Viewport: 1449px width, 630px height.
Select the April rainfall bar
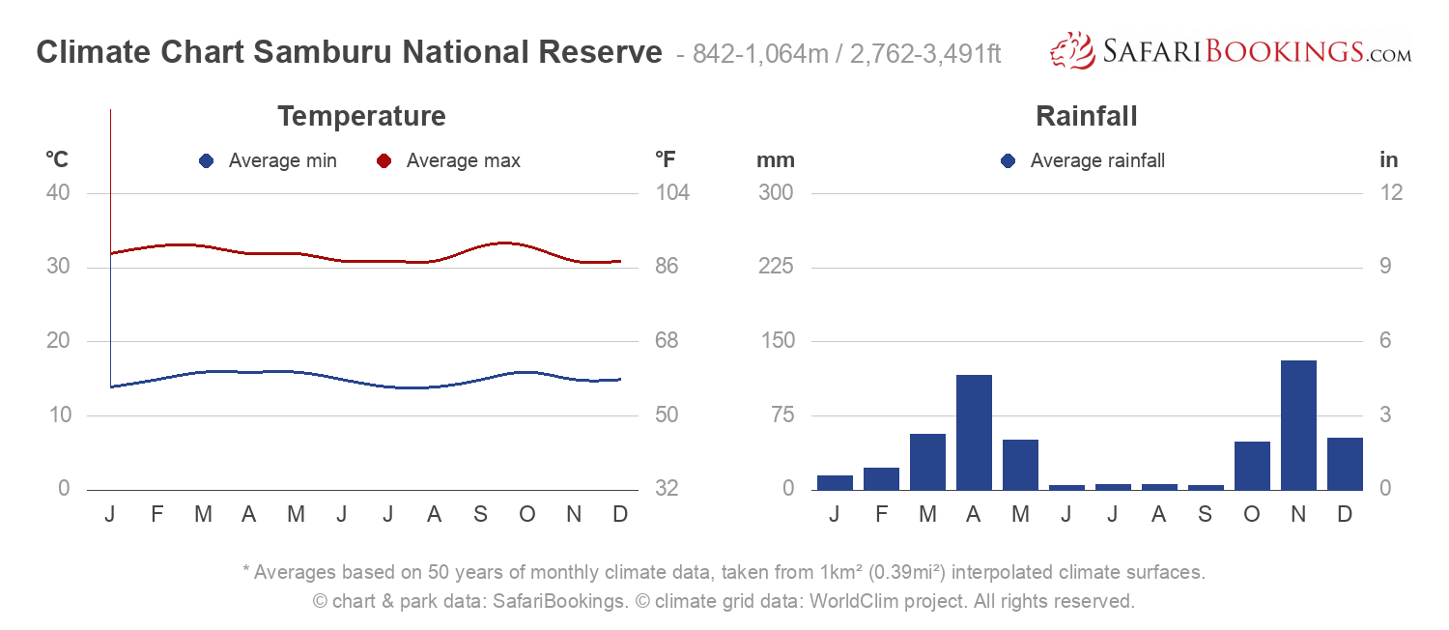coord(974,432)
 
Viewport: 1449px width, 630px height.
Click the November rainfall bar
coord(1298,425)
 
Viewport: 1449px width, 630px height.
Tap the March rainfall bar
coord(927,462)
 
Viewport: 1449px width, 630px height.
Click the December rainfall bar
coord(1345,464)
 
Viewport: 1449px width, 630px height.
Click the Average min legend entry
coord(269,161)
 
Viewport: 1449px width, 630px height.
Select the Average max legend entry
coord(449,161)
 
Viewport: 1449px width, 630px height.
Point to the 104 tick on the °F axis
coord(672,192)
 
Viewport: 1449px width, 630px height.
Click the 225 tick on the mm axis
coord(775,267)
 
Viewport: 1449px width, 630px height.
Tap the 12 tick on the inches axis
coord(1391,192)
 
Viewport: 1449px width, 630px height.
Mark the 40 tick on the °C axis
coord(58,192)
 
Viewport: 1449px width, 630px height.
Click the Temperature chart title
coord(361,117)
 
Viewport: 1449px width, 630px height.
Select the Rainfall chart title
coord(1086,117)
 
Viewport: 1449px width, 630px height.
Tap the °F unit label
coord(665,159)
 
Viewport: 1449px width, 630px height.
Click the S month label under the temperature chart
coord(480,514)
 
